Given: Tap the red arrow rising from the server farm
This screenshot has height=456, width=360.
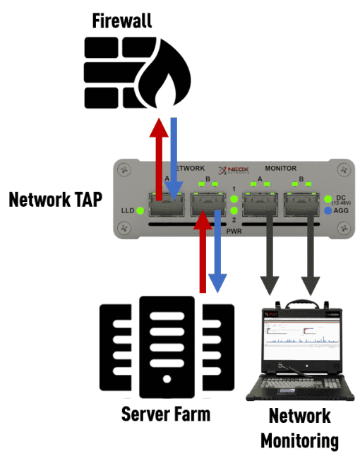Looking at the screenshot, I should tap(203, 254).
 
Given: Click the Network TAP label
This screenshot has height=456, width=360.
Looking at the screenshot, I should tap(56, 199).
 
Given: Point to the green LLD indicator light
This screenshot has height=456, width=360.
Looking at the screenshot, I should tap(140, 210).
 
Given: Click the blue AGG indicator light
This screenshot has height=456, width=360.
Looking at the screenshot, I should tap(328, 210).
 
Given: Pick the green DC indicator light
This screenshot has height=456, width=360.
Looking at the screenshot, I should tap(328, 198).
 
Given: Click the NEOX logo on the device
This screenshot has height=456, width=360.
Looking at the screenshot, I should tap(234, 170).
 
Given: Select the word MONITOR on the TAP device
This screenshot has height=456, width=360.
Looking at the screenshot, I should tap(280, 169).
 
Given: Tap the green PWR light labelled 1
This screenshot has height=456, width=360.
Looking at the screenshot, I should tap(234, 200).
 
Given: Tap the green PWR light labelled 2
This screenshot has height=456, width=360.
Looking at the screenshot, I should tap(234, 210).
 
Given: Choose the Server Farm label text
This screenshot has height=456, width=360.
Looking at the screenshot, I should tap(165, 414).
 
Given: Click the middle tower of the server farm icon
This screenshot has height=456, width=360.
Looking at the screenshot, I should tap(167, 346).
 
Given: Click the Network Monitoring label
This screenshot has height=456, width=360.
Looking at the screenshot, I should tap(300, 428).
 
